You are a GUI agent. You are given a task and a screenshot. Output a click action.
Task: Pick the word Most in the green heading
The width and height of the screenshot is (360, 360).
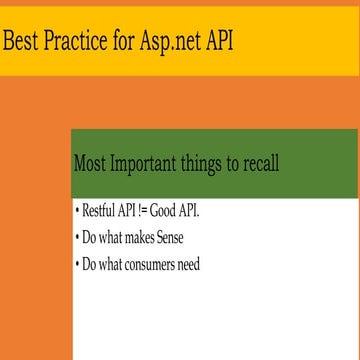(92, 164)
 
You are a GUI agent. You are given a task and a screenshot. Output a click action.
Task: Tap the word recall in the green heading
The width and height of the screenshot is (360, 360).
(259, 164)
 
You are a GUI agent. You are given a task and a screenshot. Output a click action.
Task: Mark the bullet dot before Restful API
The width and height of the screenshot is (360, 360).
(77, 213)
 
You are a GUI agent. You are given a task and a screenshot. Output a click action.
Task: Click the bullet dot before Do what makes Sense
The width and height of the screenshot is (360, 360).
(77, 239)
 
